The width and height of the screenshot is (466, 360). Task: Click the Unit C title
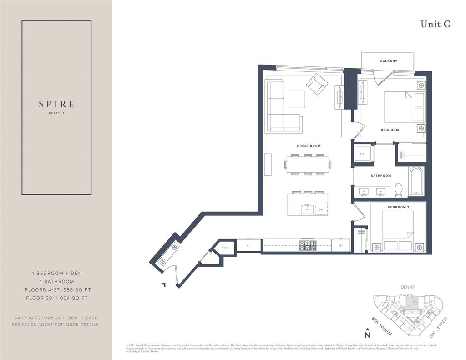pos(435,25)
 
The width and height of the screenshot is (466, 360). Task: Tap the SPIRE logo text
pos(56,104)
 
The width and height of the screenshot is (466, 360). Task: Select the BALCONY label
pos(389,61)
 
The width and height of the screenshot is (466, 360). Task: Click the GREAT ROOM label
pos(309,146)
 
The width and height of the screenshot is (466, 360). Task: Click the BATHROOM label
pos(380,176)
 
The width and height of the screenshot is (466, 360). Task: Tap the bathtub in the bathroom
pos(416,181)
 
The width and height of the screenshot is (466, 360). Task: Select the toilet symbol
pos(399,189)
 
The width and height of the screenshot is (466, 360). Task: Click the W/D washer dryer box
pos(362,154)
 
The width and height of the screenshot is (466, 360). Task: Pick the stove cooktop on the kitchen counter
pos(307,246)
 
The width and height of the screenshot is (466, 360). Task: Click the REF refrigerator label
pos(340,245)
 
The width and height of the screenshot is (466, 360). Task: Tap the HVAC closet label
pos(225,248)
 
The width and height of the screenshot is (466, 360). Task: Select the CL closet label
pos(248,245)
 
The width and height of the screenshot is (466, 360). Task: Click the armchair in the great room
pos(317,84)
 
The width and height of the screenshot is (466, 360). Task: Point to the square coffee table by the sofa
pos(297,99)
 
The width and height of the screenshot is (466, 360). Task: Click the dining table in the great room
pos(308,165)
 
